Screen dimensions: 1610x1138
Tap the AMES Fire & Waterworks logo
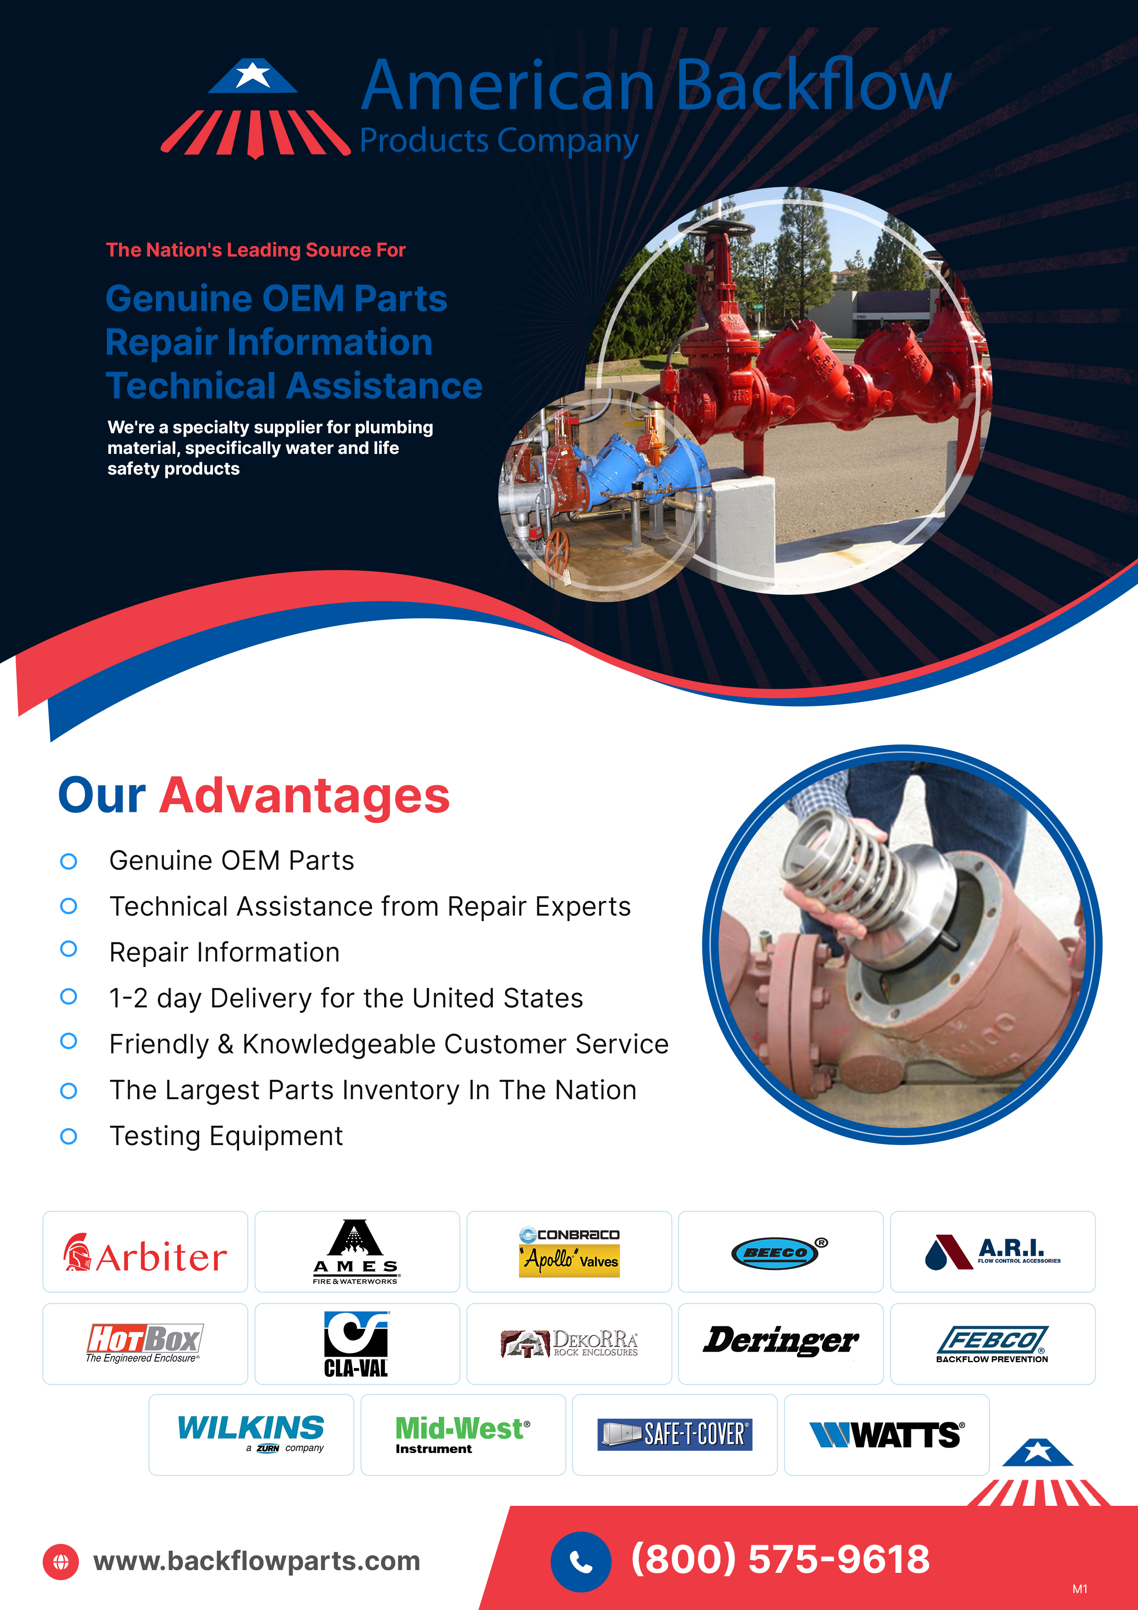[x=356, y=1252]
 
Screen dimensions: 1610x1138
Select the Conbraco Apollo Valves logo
[x=569, y=1252]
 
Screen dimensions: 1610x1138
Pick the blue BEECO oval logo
[x=775, y=1252]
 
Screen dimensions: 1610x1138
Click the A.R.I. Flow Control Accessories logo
[x=992, y=1252]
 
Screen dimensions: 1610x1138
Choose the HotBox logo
[x=145, y=1343]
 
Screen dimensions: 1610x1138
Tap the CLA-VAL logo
[x=356, y=1343]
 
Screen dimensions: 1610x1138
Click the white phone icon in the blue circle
[x=580, y=1562]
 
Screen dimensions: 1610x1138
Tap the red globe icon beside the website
[x=61, y=1562]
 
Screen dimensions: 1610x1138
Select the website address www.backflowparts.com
[x=257, y=1561]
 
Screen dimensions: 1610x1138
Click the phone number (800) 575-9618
[x=781, y=1560]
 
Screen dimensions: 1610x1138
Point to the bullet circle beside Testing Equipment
[x=69, y=1136]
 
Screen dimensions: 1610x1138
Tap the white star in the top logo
[x=252, y=74]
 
